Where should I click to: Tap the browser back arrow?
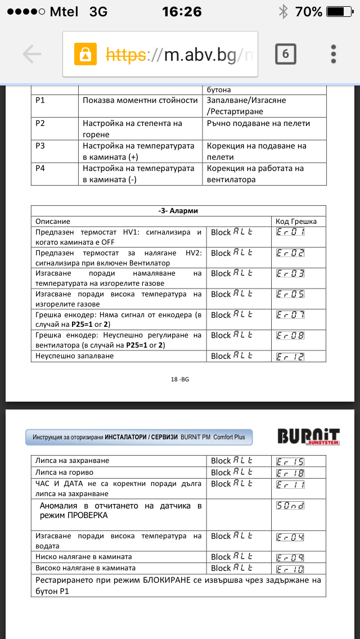click(32, 54)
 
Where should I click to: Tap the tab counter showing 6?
click(286, 54)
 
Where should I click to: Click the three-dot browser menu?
click(334, 54)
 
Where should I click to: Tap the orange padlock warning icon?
click(85, 54)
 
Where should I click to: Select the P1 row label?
click(40, 100)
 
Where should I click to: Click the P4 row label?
click(40, 168)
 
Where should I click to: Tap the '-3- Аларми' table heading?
click(178, 211)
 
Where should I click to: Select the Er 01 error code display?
click(290, 232)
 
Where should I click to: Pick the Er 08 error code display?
click(290, 335)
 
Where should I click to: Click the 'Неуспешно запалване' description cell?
click(75, 356)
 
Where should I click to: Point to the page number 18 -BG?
click(180, 380)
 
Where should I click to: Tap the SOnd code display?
click(290, 505)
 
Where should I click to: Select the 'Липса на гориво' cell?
click(65, 472)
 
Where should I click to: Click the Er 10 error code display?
click(290, 568)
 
